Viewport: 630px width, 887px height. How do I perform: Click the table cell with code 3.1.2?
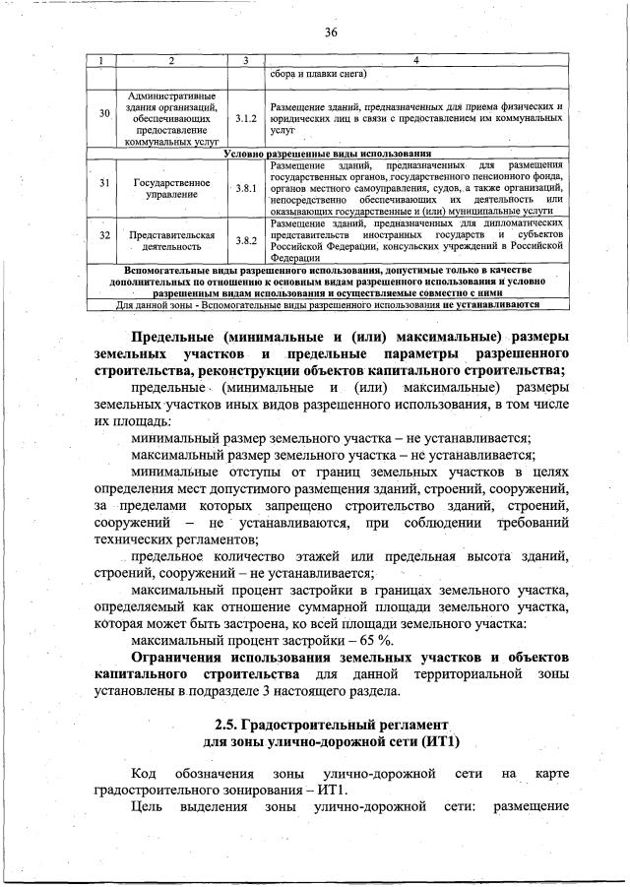coord(246,117)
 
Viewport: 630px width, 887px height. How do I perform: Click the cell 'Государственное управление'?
coord(171,187)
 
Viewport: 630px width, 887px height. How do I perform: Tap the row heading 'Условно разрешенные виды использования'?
coord(328,154)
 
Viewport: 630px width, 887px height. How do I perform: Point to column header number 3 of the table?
coord(246,61)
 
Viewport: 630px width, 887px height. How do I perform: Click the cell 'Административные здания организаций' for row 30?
coord(171,117)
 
